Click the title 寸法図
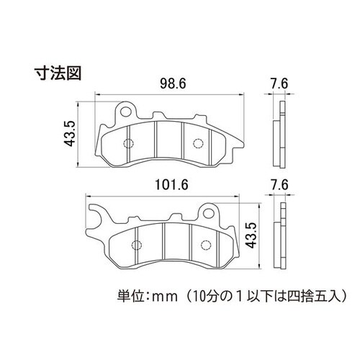coord(58,73)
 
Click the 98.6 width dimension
coord(173,84)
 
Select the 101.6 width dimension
coord(171,185)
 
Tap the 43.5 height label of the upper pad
coord(70,134)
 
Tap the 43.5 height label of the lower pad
coord(251,235)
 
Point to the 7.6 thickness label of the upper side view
coord(279,84)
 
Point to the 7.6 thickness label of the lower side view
coord(279,185)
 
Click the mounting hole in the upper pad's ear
coord(126,111)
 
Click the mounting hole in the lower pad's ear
coord(208,212)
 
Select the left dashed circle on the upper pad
coord(128,143)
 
